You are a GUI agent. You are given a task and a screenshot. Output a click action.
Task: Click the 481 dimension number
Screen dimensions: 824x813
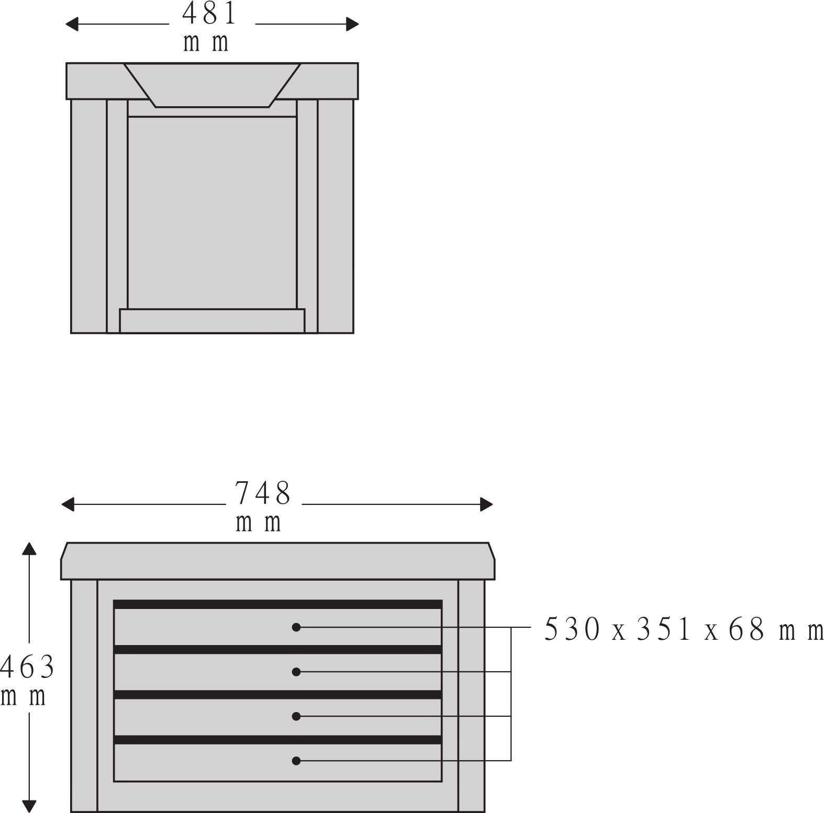[x=209, y=14]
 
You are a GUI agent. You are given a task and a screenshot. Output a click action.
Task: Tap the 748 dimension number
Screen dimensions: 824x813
[x=262, y=493]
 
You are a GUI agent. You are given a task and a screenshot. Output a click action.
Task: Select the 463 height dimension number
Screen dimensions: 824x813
[x=27, y=667]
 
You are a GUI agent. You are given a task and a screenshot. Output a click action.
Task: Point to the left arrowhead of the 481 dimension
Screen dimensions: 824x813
[x=72, y=24]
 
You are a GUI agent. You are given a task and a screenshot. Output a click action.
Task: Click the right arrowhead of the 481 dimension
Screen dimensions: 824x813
[x=352, y=24]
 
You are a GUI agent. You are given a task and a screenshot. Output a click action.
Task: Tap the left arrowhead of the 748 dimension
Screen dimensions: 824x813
[x=68, y=504]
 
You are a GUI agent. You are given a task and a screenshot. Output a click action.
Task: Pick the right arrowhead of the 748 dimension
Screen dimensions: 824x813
[x=486, y=504]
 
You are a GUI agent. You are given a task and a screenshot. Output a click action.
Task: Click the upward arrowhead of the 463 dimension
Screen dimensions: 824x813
[x=29, y=548]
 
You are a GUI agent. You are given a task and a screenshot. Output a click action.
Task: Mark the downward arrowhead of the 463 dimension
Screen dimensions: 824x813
[x=29, y=807]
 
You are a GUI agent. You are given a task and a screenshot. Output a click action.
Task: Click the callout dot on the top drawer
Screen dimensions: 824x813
[x=296, y=627]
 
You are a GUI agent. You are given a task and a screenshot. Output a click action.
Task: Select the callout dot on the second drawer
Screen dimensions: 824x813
[x=296, y=672]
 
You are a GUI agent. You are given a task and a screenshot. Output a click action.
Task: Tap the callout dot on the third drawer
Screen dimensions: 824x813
[x=296, y=716]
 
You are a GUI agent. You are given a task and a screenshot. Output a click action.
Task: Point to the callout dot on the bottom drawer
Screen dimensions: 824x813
[x=296, y=760]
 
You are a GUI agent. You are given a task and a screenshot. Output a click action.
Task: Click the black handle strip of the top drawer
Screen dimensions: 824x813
[x=278, y=604]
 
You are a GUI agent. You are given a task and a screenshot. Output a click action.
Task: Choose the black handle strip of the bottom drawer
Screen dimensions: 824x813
[x=278, y=740]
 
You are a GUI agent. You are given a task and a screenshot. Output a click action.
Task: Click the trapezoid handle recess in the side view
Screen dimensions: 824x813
[x=212, y=85]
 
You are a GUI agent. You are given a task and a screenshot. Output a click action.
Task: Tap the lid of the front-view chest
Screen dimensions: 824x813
[x=278, y=561]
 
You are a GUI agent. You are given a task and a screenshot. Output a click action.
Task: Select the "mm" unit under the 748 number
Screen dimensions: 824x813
[x=259, y=523]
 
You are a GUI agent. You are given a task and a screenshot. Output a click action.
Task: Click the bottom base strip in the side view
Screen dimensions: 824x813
[x=212, y=321]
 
